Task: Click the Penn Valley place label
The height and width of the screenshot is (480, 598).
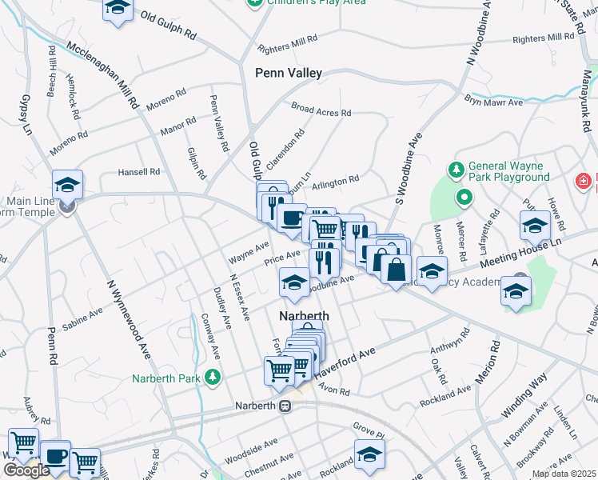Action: pos(289,73)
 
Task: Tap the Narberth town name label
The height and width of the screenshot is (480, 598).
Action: pos(304,316)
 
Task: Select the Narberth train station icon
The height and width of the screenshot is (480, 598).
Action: pos(285,406)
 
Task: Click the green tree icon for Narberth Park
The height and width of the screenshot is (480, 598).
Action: pos(213,375)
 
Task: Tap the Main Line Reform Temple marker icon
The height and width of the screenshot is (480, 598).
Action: pos(67,206)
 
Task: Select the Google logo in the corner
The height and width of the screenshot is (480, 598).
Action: pos(26,470)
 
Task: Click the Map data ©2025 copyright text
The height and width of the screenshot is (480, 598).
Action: pos(564,474)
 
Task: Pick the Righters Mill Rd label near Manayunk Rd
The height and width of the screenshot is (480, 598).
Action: pos(544,38)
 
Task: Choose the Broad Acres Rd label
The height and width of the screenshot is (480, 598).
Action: pos(321,110)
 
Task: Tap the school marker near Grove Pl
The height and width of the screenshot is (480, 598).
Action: pos(369,454)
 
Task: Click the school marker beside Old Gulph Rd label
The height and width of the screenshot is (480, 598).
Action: pos(118,10)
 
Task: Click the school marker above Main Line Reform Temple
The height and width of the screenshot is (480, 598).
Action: pos(68,183)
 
